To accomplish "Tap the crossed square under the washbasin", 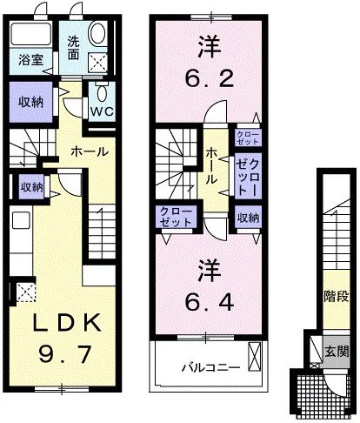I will (x=96, y=63).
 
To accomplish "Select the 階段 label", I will (x=336, y=296).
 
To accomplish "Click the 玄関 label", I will (x=337, y=352).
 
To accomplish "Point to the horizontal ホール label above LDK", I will (x=90, y=151).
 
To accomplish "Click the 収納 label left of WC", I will (x=29, y=102).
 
